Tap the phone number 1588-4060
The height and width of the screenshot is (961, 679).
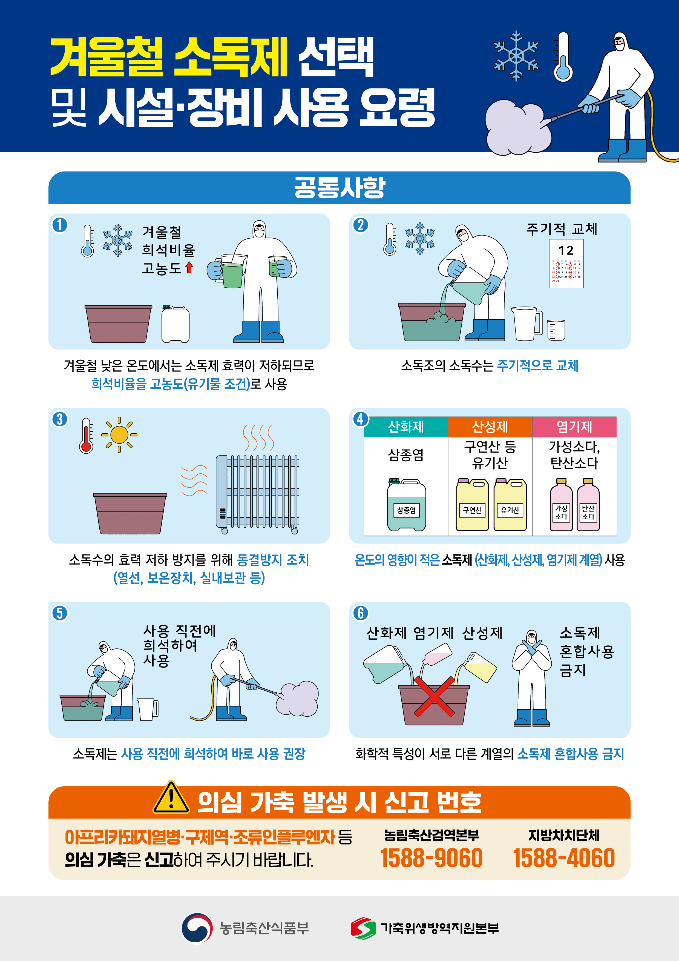point(563,858)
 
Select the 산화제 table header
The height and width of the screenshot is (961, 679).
point(405,427)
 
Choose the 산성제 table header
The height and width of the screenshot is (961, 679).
point(490,427)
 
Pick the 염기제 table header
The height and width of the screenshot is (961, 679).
point(574,427)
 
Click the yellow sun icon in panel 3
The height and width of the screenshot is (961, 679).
point(119,435)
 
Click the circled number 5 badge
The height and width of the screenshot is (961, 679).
point(59,613)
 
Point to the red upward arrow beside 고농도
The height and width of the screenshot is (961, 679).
point(189,267)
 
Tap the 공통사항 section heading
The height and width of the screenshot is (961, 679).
point(339,187)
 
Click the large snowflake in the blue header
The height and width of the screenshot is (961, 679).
point(516,55)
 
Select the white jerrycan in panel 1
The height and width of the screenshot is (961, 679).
point(175,324)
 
